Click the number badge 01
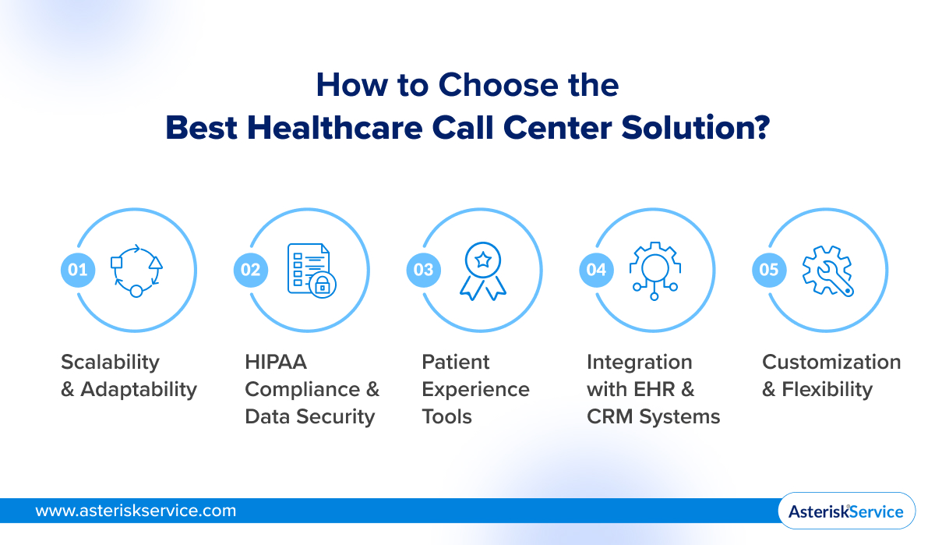point(76,270)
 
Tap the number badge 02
point(249,270)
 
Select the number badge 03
point(423,270)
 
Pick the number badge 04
point(596,270)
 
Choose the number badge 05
point(769,270)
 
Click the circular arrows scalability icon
point(136,270)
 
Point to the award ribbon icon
point(483,271)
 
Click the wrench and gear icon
point(828,270)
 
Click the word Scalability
point(110,363)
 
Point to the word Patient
point(456,363)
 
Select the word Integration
point(639,363)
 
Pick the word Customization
point(831,363)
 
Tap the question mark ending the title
point(760,128)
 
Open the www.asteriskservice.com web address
point(136,511)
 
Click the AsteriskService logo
point(845,511)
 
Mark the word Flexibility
point(827,389)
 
